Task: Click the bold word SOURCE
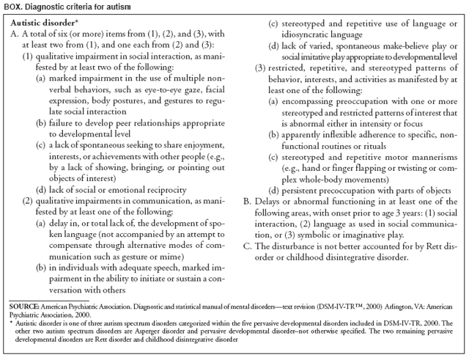24,304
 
